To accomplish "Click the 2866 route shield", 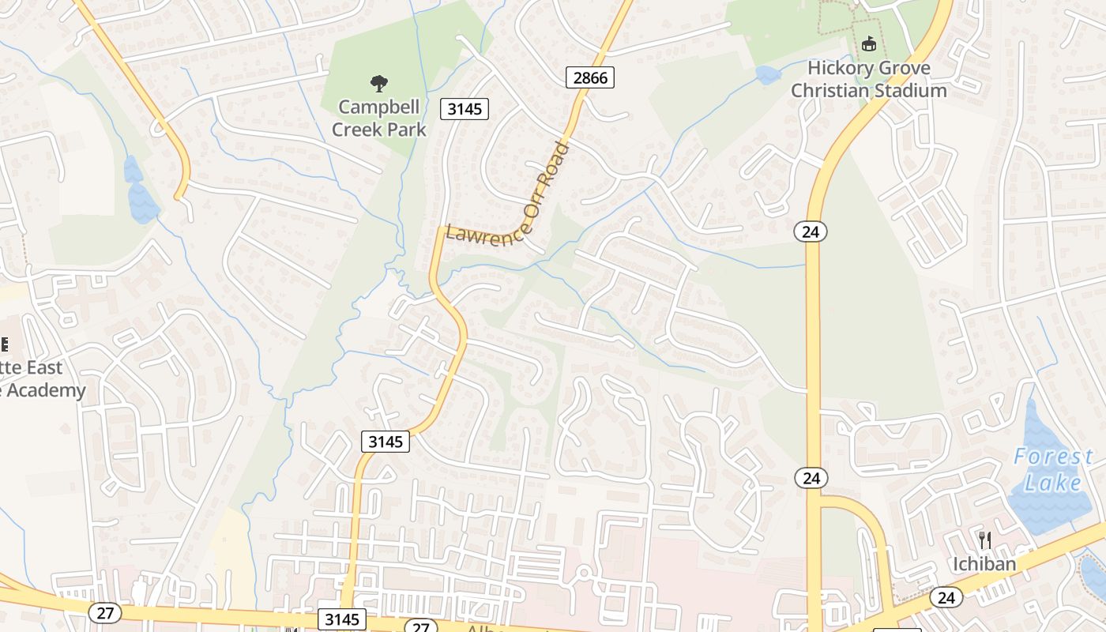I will pyautogui.click(x=589, y=77).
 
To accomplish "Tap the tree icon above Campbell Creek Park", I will pyautogui.click(x=379, y=83).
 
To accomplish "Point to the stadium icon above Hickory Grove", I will pyautogui.click(x=869, y=43).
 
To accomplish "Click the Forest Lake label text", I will pyautogui.click(x=1054, y=469).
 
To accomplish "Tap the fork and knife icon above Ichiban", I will pyautogui.click(x=984, y=540).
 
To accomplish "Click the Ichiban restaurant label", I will pyautogui.click(x=984, y=564).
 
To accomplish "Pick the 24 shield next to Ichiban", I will pyautogui.click(x=946, y=597).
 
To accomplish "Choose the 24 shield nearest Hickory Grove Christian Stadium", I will pyautogui.click(x=811, y=231).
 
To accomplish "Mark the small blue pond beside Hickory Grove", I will pyautogui.click(x=767, y=75).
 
